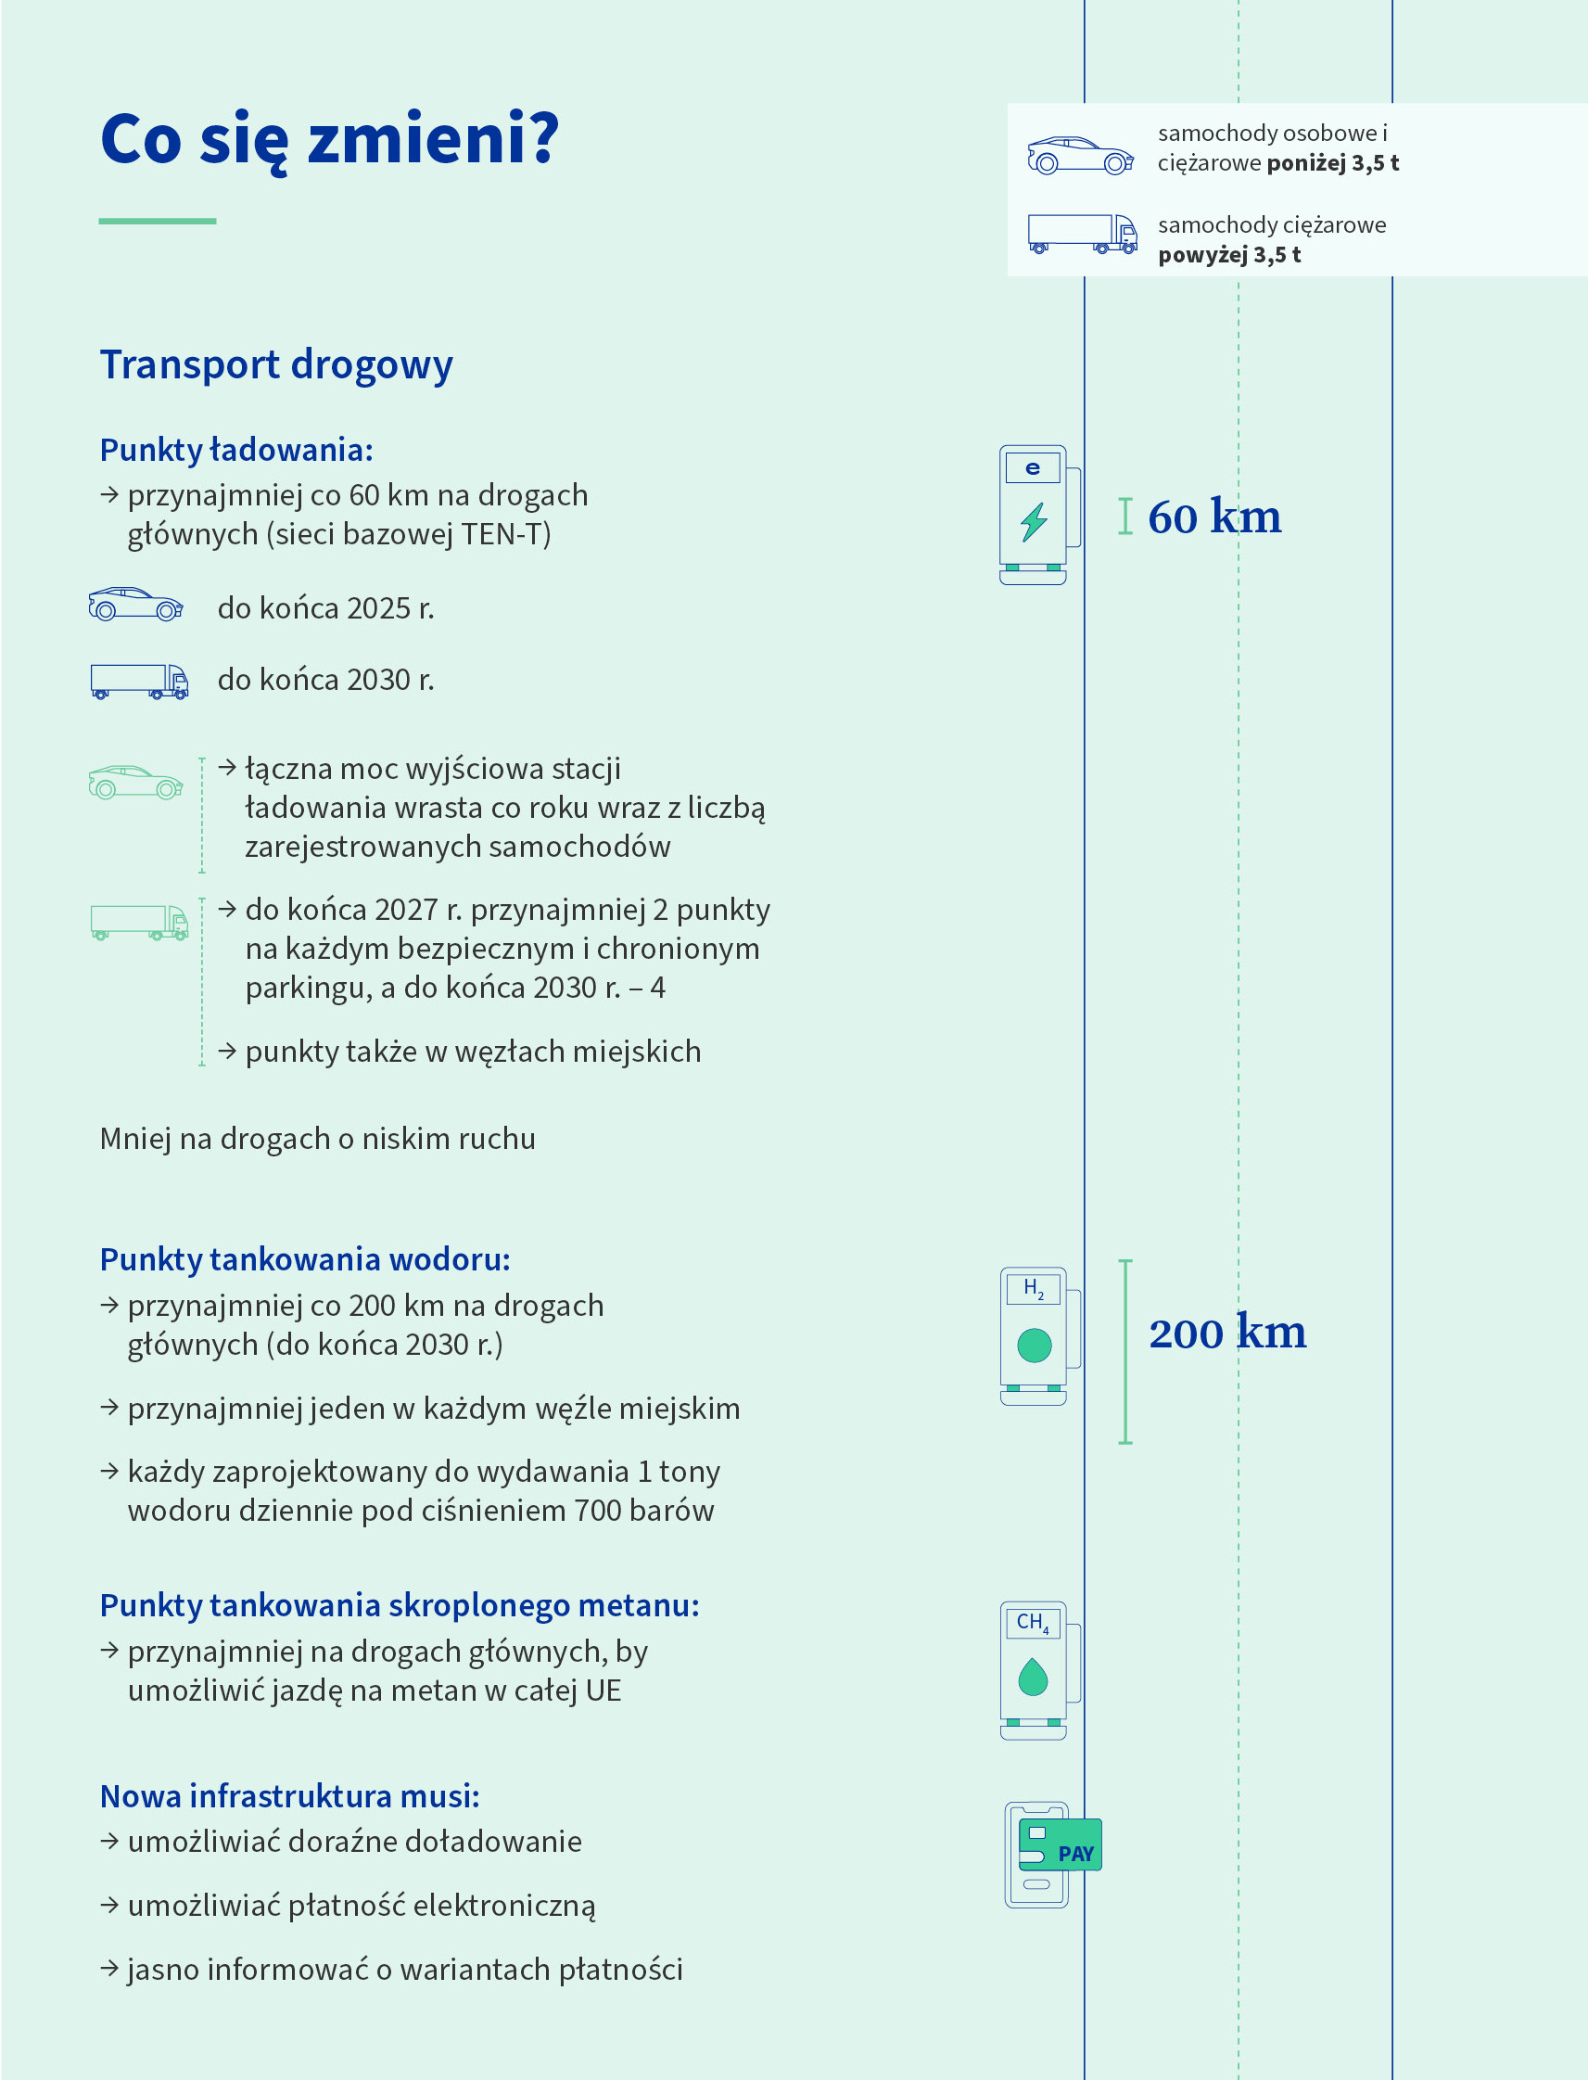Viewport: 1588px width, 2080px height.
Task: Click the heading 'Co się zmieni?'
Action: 329,140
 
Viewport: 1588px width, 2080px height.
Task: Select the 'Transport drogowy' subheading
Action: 276,365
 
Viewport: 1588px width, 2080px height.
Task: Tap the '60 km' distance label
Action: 1214,517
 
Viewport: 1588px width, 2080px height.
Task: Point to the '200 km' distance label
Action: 1226,1333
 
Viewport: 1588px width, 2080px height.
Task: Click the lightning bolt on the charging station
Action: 1033,521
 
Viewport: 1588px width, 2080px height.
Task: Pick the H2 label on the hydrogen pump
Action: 1033,1289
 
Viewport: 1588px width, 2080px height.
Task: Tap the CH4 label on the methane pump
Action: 1032,1623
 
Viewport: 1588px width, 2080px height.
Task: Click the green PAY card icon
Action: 1061,1844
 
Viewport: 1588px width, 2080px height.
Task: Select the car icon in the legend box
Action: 1080,156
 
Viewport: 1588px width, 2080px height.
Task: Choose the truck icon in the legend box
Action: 1082,234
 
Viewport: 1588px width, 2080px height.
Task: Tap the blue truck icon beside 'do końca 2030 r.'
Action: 139,681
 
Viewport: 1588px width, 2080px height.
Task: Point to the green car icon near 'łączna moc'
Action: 135,782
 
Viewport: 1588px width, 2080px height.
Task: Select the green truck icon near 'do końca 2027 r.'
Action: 139,922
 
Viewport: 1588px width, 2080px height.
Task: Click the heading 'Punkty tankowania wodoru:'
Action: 304,1259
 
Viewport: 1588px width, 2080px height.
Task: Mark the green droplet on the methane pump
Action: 1033,1677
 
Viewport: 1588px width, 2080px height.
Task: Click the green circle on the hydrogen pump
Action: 1034,1345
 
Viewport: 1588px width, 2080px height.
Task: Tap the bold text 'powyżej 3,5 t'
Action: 1229,255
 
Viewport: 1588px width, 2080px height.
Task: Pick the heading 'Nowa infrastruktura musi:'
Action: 289,1796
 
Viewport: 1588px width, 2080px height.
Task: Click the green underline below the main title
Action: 157,222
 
